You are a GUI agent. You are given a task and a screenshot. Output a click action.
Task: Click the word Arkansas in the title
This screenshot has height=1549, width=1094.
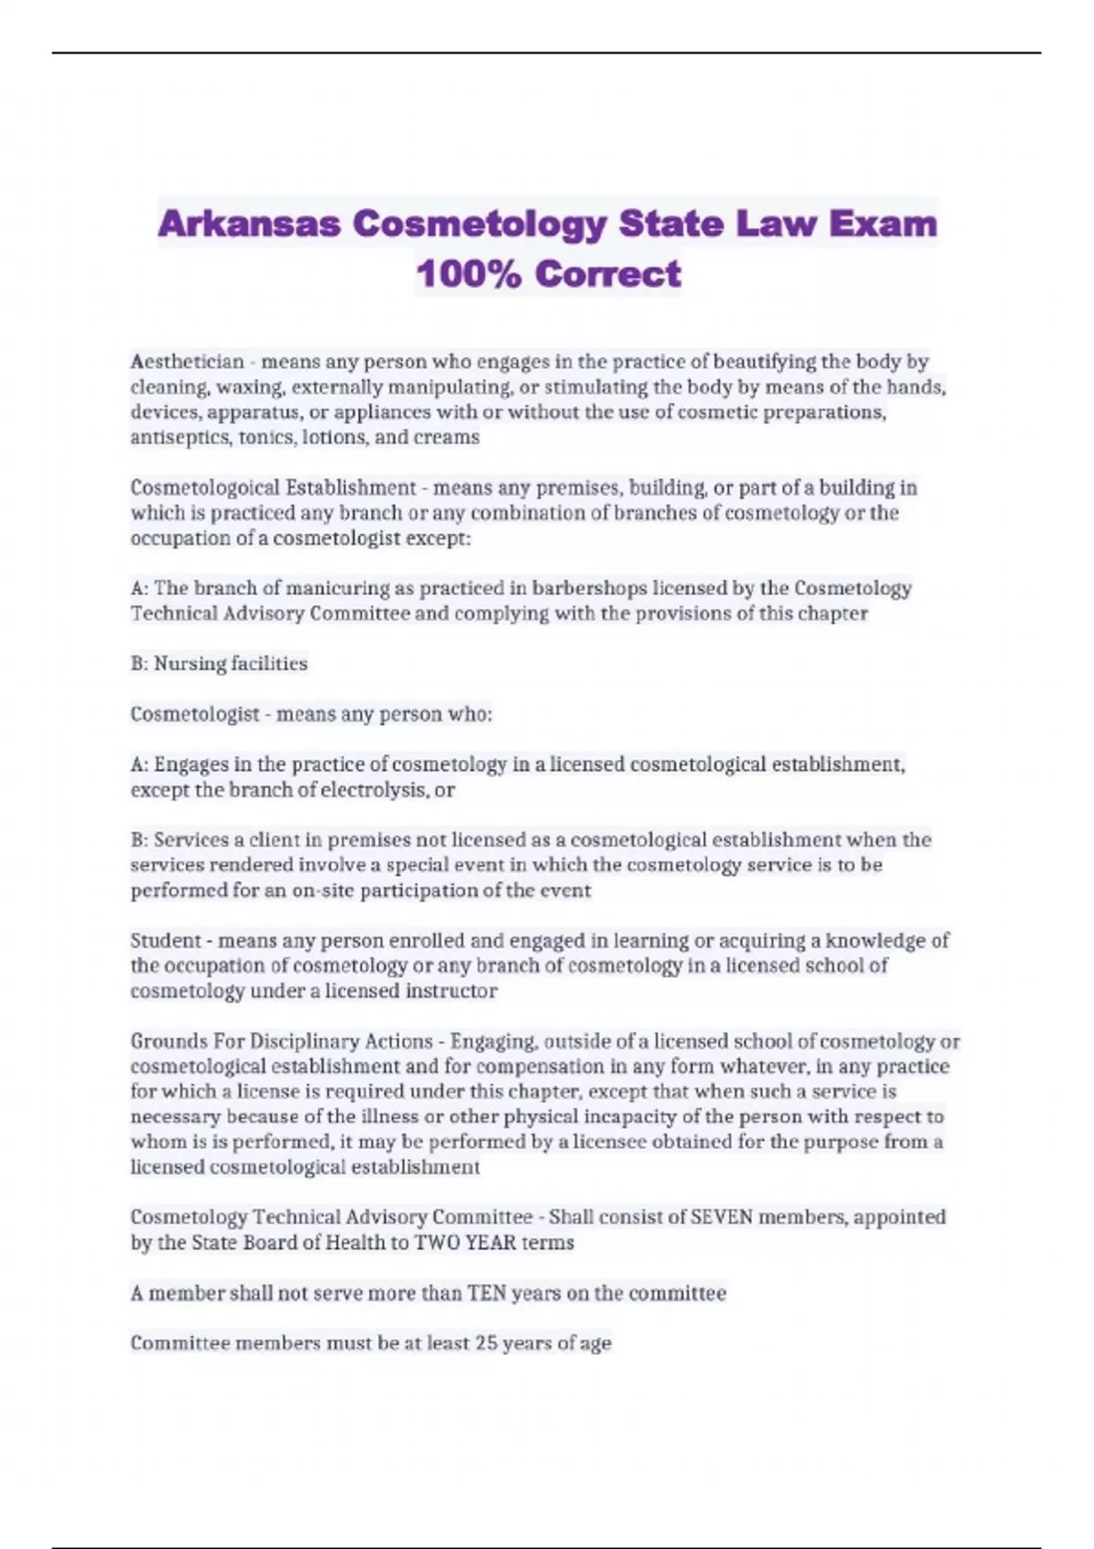(249, 223)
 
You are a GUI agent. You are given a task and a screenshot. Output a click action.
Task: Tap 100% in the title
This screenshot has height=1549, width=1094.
(468, 273)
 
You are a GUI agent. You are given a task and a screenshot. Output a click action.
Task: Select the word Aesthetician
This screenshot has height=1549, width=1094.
(187, 362)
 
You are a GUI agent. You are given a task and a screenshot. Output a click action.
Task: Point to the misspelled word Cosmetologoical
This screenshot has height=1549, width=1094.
(206, 487)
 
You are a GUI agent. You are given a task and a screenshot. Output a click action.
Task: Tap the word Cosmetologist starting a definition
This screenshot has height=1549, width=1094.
(194, 713)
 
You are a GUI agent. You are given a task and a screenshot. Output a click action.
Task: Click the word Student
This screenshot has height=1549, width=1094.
(165, 940)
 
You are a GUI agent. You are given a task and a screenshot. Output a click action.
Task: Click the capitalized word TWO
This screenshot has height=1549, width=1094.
(437, 1243)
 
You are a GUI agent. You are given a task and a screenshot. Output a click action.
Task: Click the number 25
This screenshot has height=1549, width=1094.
(487, 1343)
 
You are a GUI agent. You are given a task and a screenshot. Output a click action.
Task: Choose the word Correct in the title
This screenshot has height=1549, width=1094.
(608, 273)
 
